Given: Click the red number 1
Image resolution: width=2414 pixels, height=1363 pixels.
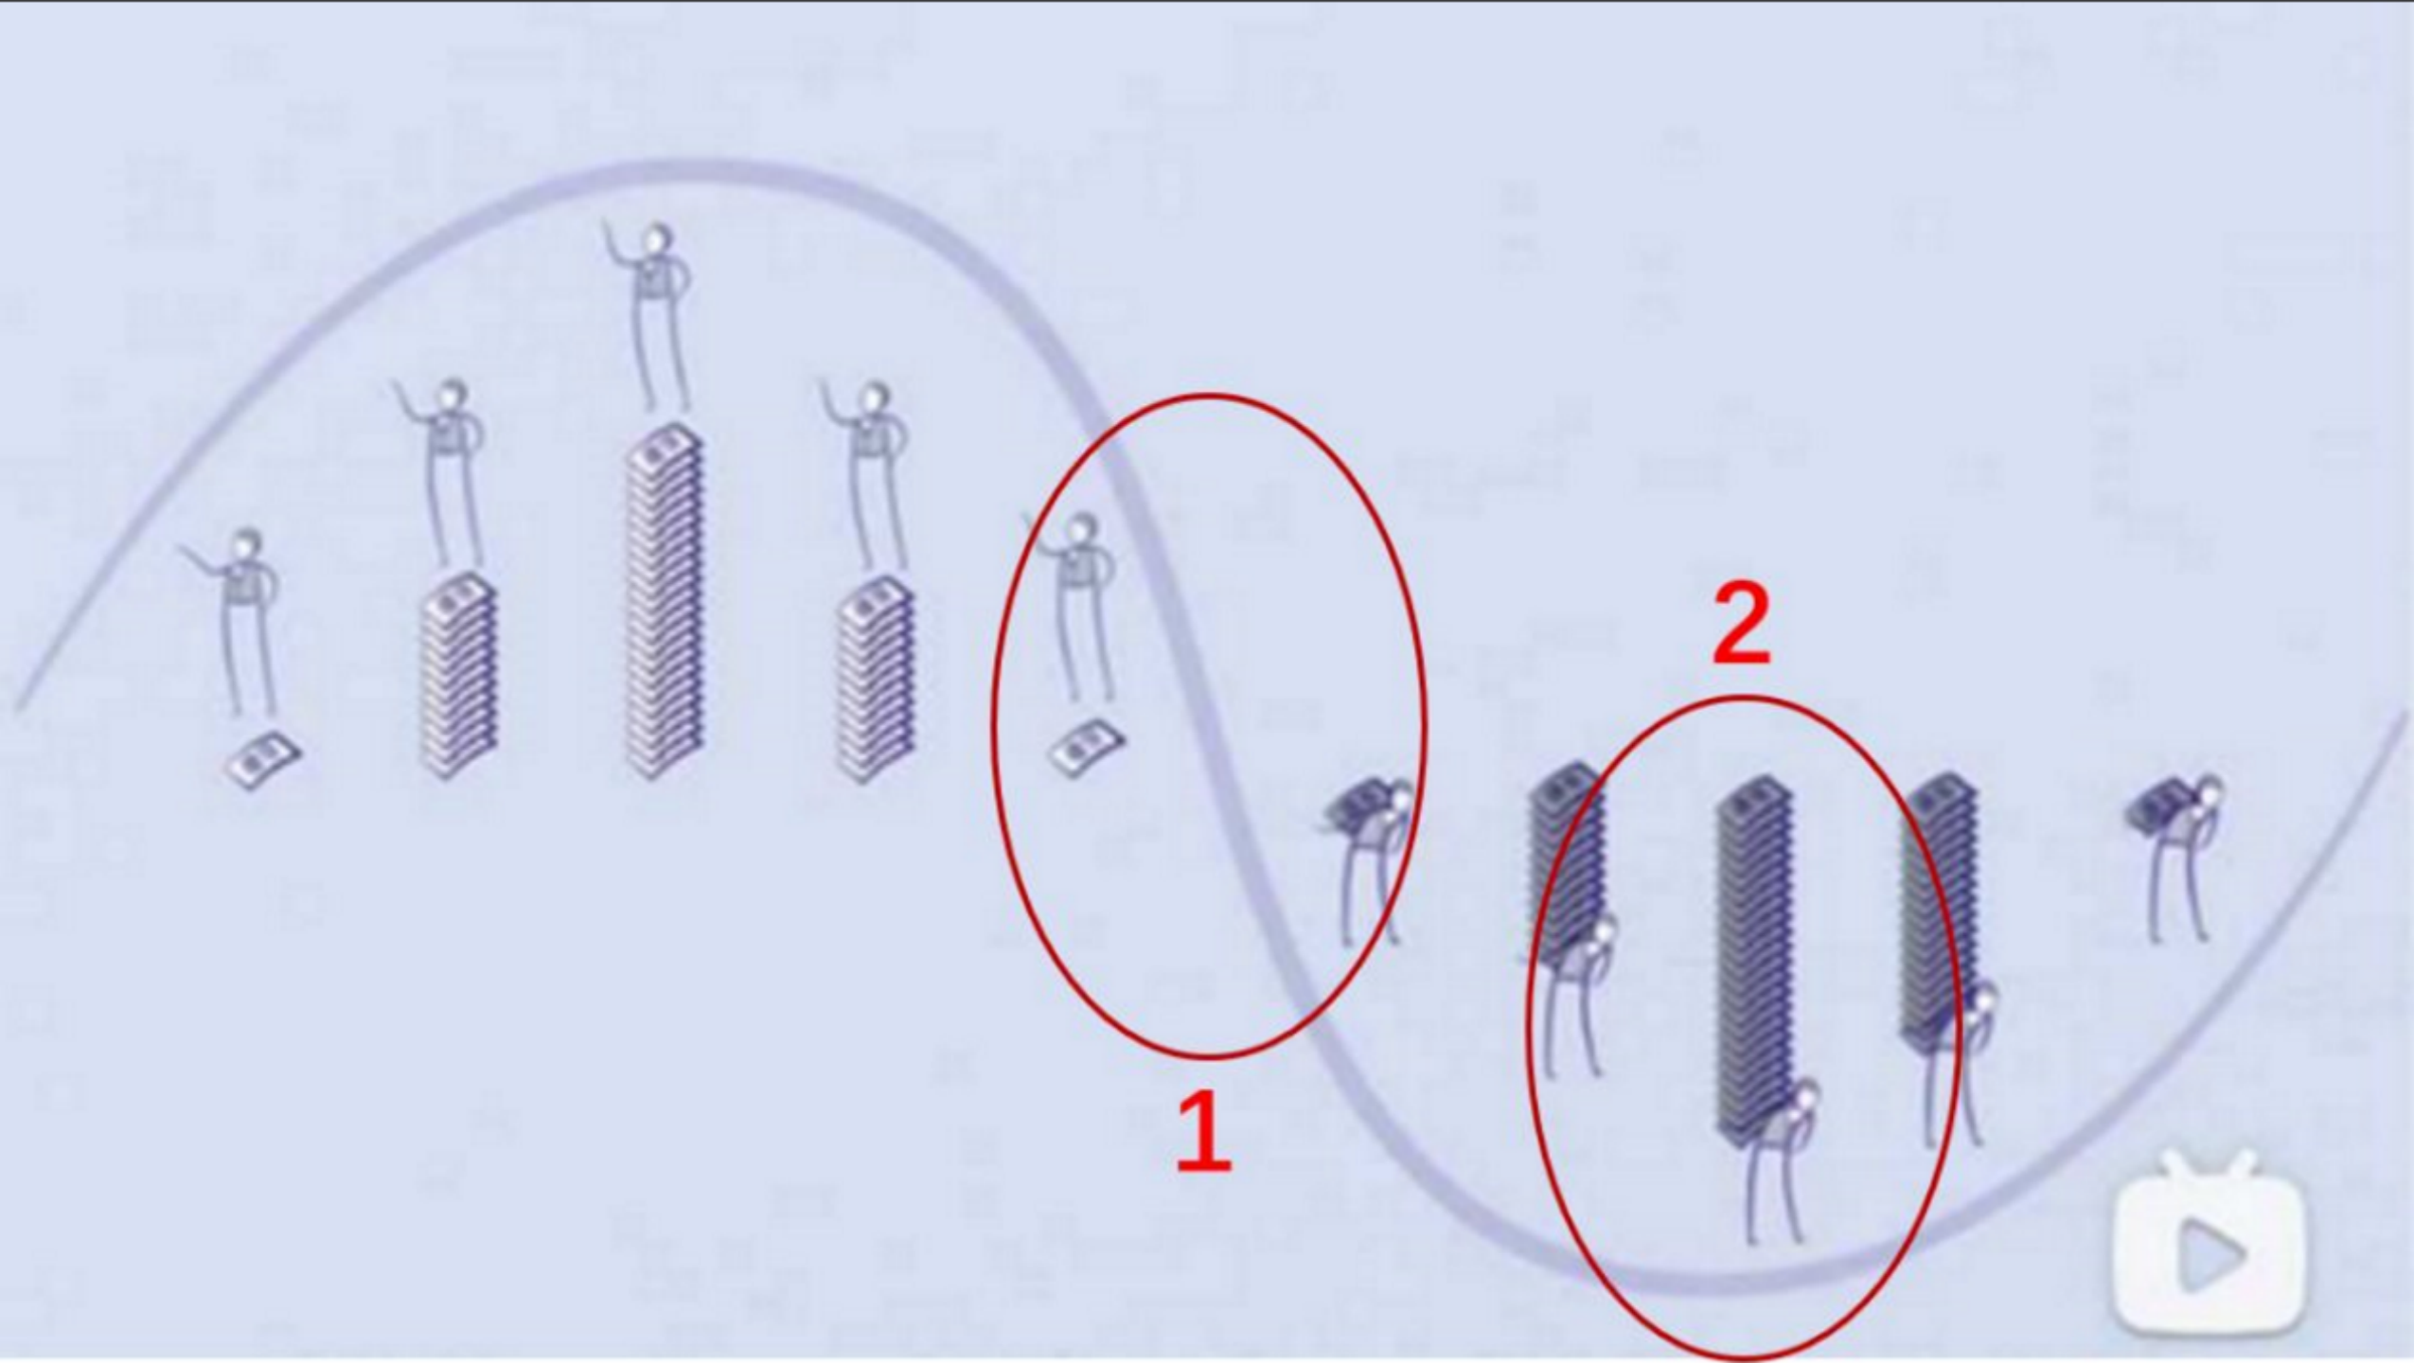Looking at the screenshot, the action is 1204,1132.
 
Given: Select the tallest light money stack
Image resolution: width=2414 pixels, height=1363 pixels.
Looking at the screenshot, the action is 665,602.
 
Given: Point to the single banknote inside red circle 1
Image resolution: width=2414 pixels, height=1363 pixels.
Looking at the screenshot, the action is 1086,748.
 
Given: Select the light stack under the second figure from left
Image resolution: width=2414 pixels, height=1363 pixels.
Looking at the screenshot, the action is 458,676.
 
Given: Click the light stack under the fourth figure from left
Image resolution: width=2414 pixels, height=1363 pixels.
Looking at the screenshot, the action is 875,680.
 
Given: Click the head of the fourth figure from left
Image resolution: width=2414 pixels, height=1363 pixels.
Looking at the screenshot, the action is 873,398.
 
